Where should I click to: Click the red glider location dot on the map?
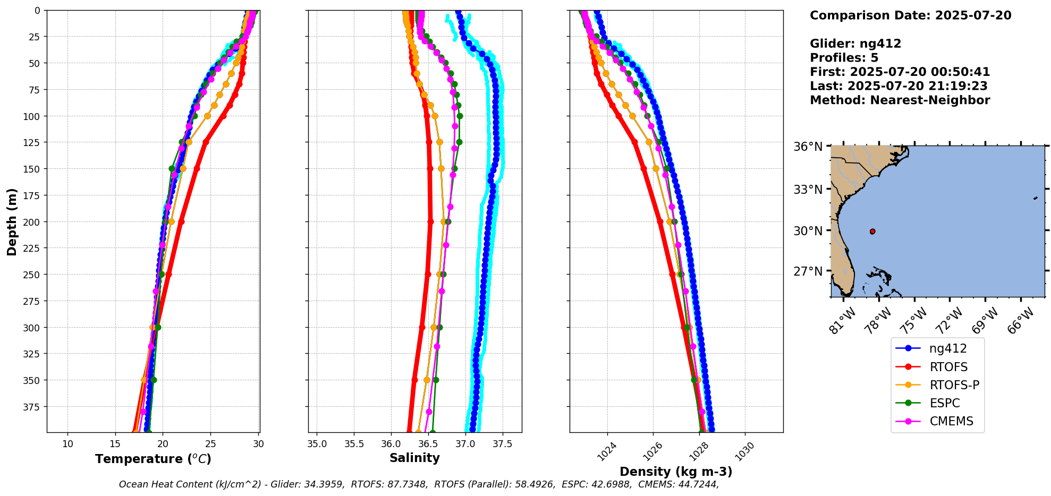[x=872, y=232]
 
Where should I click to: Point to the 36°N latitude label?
[x=808, y=147]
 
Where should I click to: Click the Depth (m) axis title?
[x=12, y=221]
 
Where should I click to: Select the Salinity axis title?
[x=414, y=458]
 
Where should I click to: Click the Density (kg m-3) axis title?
[x=676, y=472]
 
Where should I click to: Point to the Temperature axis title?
[x=153, y=459]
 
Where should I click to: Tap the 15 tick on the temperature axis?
[x=115, y=444]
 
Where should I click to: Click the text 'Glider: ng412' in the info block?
[x=855, y=44]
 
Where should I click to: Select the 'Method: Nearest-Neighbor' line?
[x=900, y=100]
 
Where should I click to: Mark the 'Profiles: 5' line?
[x=844, y=58]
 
